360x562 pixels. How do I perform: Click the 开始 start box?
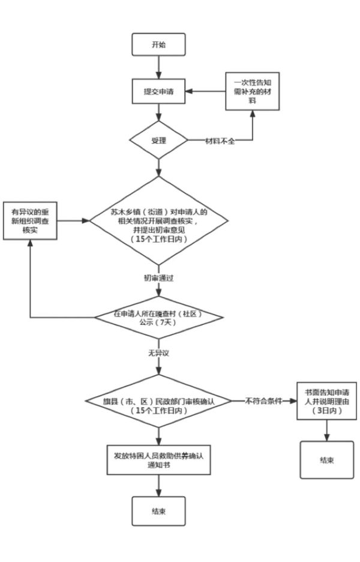[158, 46]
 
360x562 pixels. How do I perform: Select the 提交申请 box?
[158, 92]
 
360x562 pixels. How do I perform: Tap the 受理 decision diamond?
[158, 141]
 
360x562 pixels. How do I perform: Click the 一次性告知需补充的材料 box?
[253, 91]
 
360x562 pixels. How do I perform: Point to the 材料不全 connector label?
[220, 142]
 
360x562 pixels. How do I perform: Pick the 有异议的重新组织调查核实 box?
[31, 220]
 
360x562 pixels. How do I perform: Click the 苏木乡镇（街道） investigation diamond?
[159, 221]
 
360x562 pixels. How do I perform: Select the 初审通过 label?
[158, 279]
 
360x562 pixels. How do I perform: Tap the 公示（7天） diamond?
[159, 318]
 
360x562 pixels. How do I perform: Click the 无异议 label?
[158, 352]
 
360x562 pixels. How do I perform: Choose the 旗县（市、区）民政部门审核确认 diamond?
[159, 400]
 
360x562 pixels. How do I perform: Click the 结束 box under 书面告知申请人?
[326, 461]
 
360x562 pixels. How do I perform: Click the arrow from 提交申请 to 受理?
[158, 114]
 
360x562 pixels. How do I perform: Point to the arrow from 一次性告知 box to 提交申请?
[205, 92]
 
